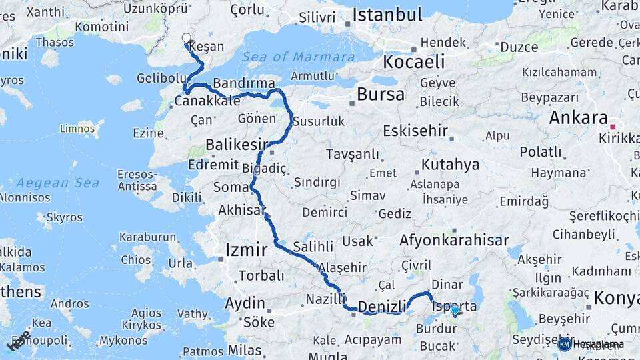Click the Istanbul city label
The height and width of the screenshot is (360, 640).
tap(387, 15)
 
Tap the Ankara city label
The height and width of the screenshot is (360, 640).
tap(577, 118)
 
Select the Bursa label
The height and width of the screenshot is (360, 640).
tap(380, 94)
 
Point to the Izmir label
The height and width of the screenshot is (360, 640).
tap(247, 250)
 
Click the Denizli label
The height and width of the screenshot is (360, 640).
tap(382, 306)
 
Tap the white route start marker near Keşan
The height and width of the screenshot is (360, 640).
tap(187, 39)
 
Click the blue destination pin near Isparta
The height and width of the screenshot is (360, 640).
tap(455, 310)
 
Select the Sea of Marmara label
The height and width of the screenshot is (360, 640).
tap(298, 57)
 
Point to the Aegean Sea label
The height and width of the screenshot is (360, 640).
tap(58, 182)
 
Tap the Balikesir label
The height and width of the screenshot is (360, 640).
tap(237, 145)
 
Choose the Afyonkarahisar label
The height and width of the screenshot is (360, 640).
tap(454, 240)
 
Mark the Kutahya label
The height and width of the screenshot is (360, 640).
tap(450, 164)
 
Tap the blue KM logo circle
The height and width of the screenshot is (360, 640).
tap(564, 344)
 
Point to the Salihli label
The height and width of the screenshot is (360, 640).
tap(313, 246)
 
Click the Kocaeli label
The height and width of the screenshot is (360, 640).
tap(413, 62)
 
